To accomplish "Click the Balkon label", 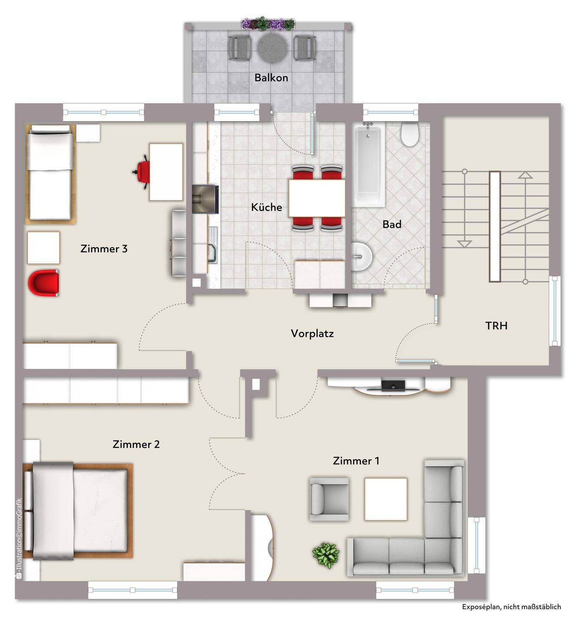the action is [271, 78].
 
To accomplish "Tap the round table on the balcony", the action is [272, 47].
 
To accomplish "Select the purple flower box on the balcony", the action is [268, 24].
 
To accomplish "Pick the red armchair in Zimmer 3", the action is [44, 283].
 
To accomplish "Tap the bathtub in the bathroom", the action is [368, 164].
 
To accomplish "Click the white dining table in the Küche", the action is [317, 198].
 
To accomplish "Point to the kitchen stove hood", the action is [205, 199].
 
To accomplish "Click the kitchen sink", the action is [212, 245].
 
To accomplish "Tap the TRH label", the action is [496, 326].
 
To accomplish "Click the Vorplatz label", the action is [312, 333].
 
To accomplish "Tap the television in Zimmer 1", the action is [393, 386].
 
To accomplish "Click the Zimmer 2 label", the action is [136, 444].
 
